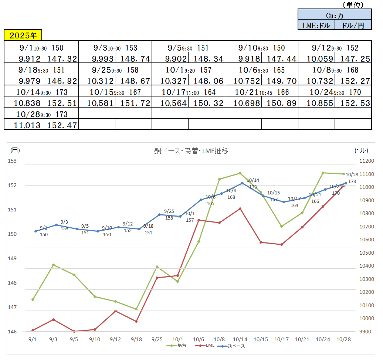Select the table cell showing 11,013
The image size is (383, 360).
coord(23,125)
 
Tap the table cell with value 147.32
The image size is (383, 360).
coord(60,58)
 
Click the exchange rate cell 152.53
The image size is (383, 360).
coord(353,103)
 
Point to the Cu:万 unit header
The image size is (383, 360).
coord(335,15)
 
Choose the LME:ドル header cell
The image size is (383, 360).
coord(316,25)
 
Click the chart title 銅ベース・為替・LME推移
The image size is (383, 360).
coord(191,151)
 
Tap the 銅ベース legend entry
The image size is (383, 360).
coord(231,346)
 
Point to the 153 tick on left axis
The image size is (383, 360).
coord(13,161)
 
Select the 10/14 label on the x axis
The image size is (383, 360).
coord(240,339)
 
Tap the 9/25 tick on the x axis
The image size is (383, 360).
coord(157,339)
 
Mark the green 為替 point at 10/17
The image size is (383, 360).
coord(281,226)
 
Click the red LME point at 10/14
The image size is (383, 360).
coord(240,208)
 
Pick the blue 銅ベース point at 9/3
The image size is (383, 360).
coord(56,225)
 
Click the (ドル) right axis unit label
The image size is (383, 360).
coord(361,150)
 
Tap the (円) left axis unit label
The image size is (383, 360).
coord(15,150)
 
